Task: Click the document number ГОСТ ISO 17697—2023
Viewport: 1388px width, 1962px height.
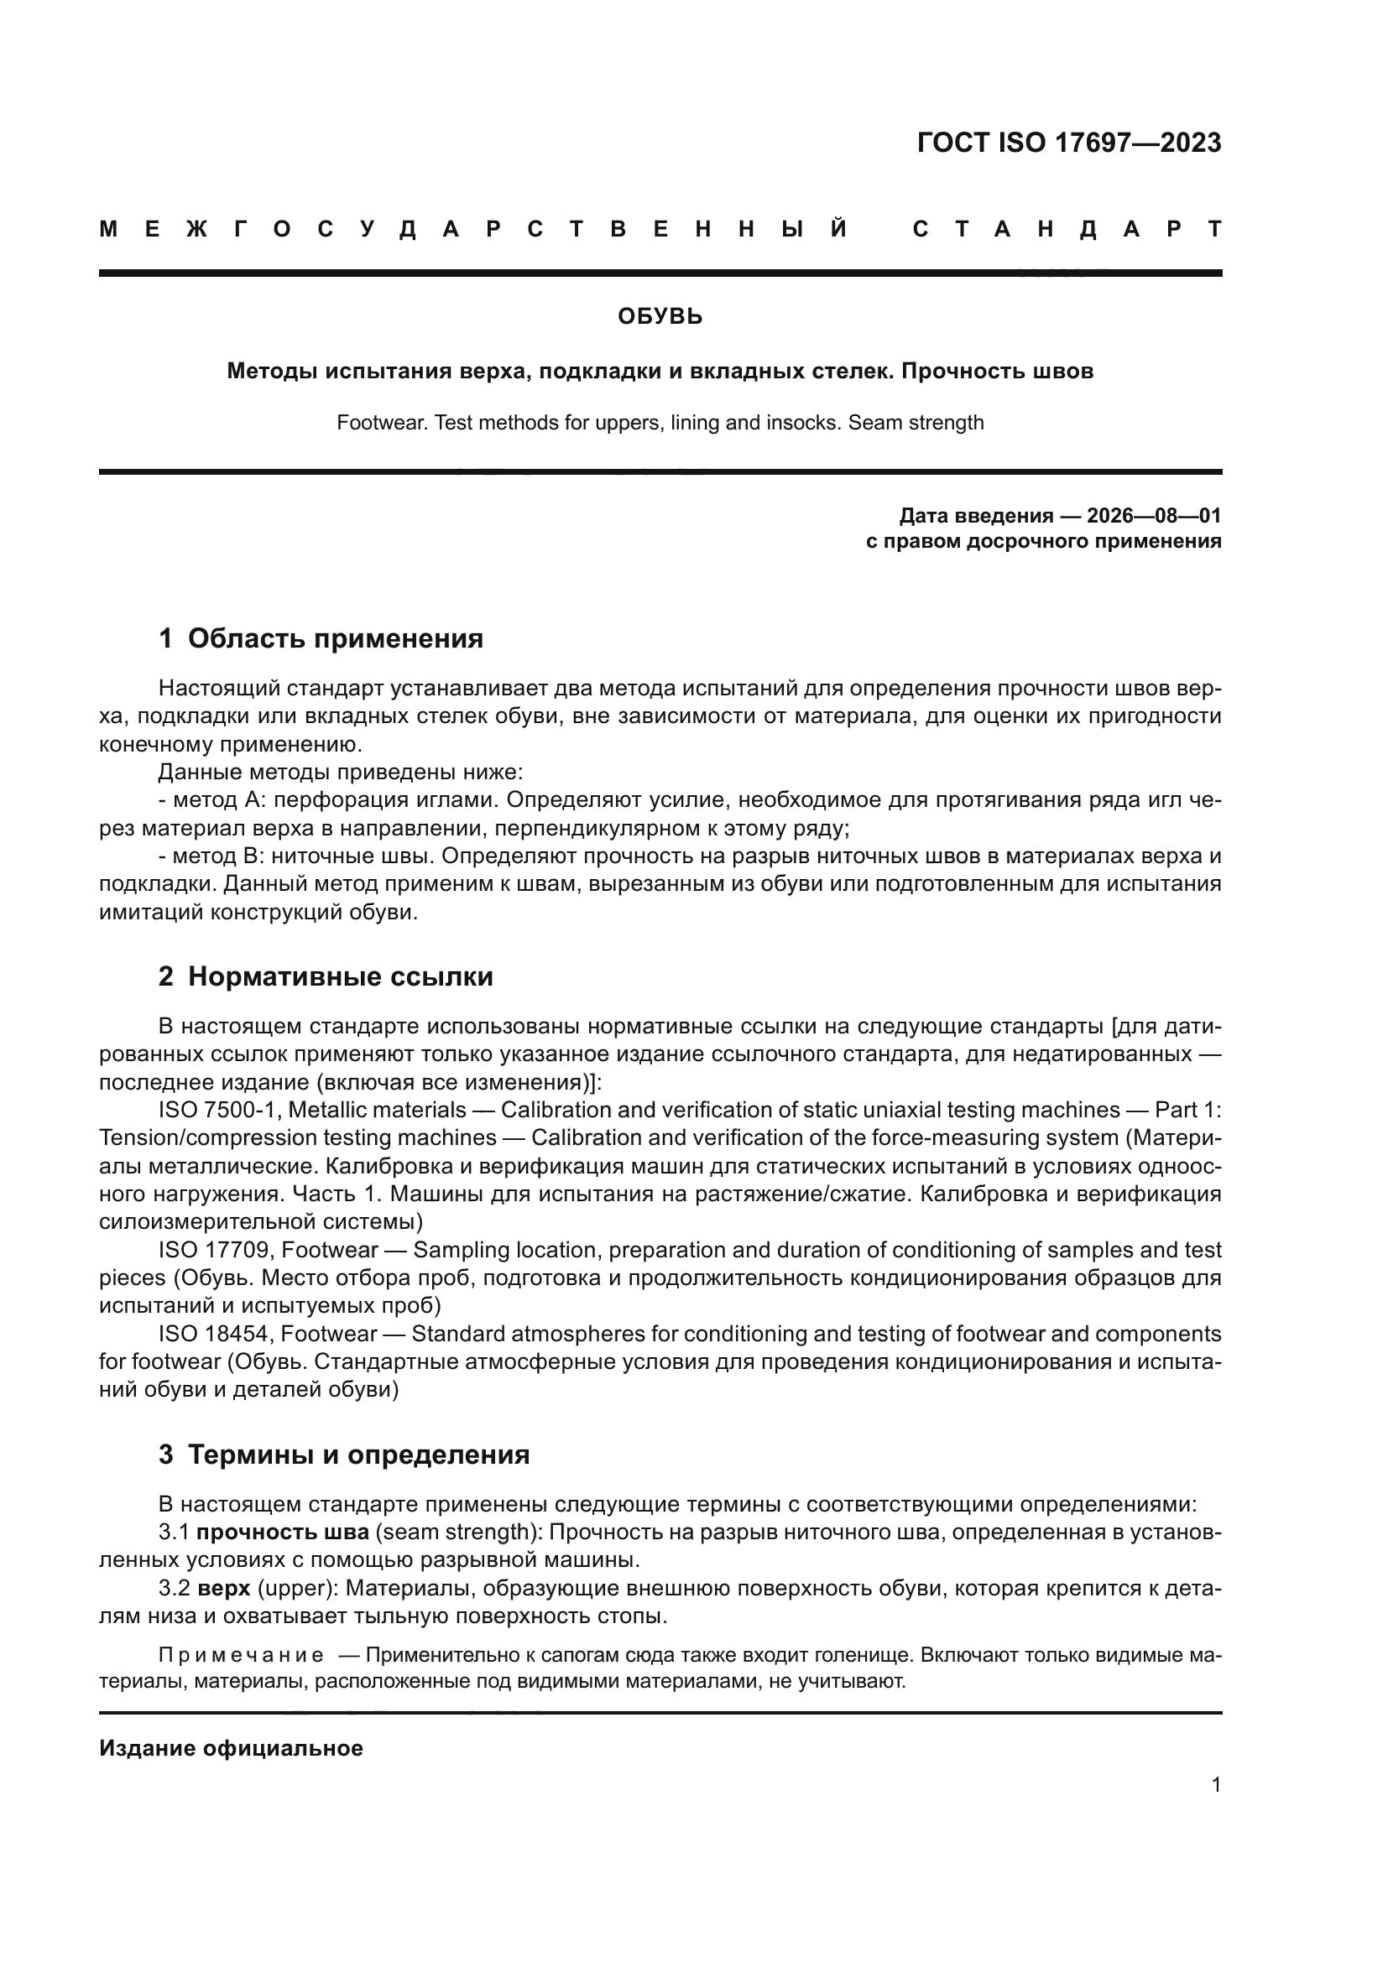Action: (x=1068, y=143)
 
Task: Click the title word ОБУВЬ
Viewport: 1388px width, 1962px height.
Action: (x=660, y=317)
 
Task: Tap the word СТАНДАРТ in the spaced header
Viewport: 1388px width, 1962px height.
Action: (x=1067, y=230)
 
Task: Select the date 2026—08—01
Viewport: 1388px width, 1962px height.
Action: (x=1154, y=515)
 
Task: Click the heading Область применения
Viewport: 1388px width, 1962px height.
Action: (x=335, y=638)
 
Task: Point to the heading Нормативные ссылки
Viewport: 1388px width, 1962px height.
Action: (x=340, y=976)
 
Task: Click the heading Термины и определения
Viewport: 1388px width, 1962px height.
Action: (x=358, y=1455)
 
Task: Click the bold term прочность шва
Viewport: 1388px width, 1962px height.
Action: (x=282, y=1533)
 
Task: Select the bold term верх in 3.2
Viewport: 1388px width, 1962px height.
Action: (x=224, y=1589)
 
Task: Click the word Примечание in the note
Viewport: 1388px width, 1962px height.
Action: (x=241, y=1655)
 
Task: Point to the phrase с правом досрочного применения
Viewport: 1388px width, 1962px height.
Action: (x=1043, y=541)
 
